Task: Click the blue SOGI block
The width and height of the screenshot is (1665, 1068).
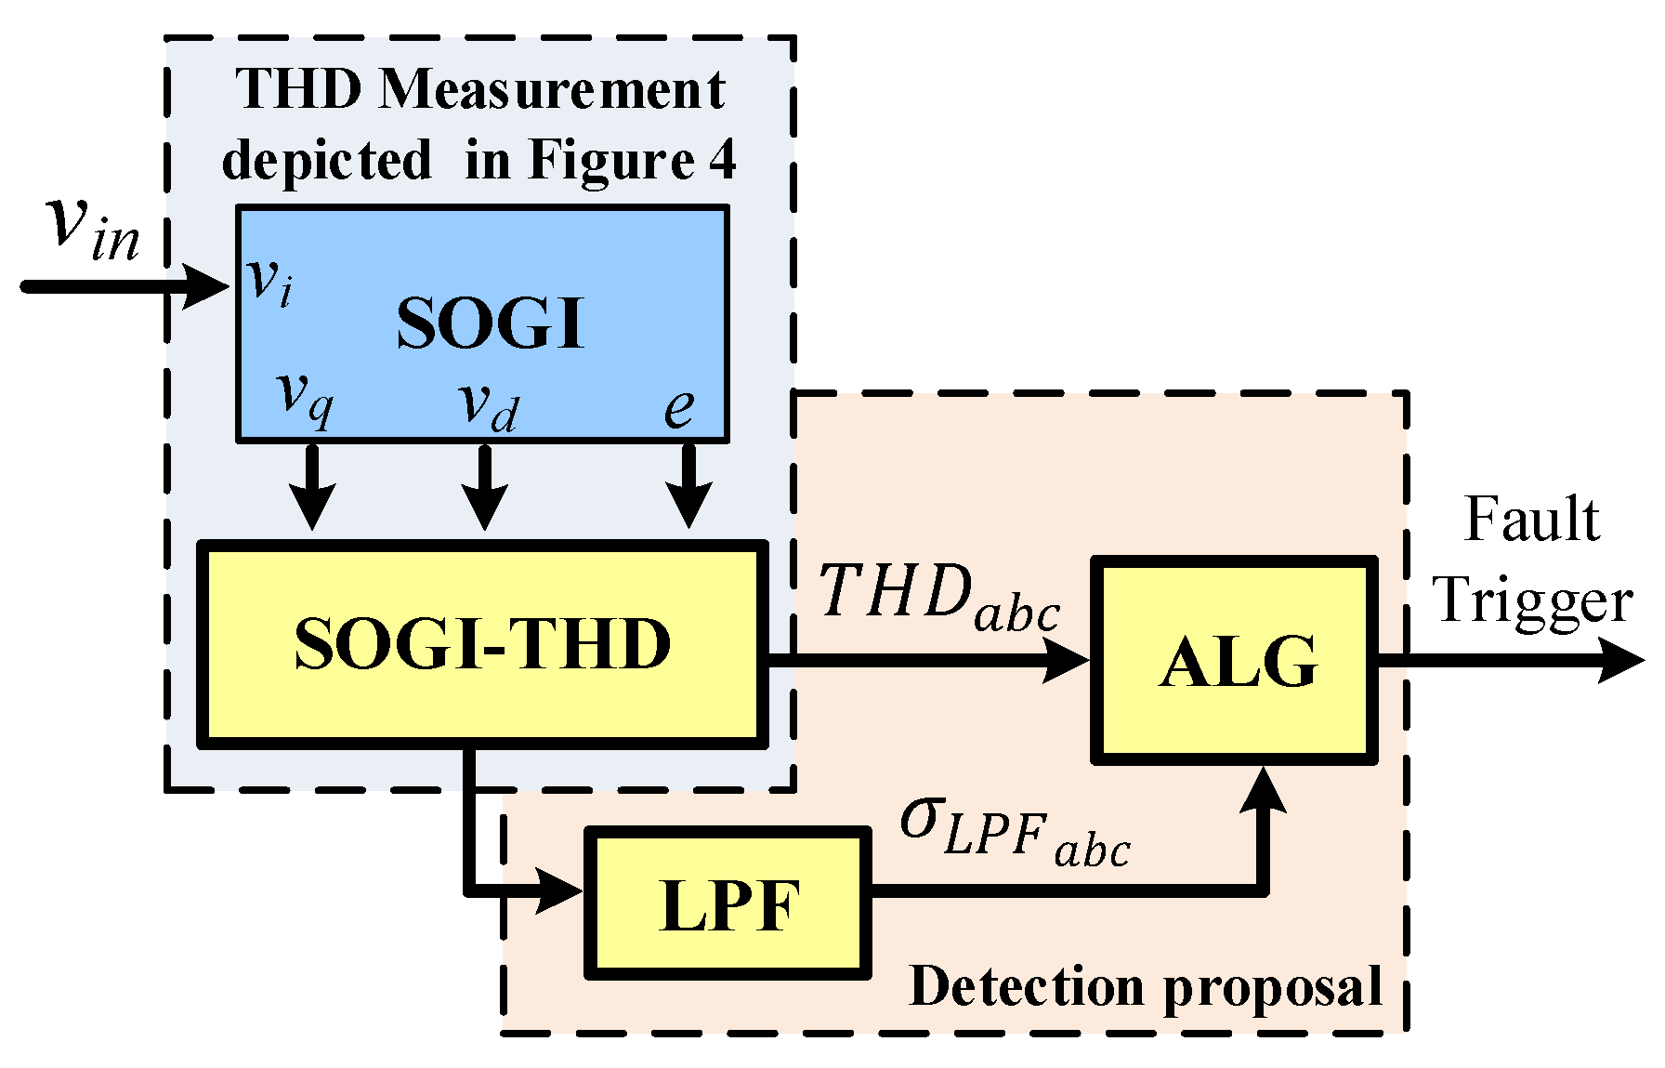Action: tap(483, 323)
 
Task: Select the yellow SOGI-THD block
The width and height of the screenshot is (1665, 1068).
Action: tap(483, 644)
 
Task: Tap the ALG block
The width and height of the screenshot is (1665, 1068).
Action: tap(1235, 661)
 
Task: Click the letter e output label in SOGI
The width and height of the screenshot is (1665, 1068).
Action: tap(679, 407)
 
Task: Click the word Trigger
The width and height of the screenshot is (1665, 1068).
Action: tap(1533, 600)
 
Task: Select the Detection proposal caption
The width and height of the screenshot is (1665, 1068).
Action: tap(1146, 986)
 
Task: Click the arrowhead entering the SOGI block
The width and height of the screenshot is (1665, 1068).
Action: tap(208, 285)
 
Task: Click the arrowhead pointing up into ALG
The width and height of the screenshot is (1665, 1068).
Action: tap(1264, 790)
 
